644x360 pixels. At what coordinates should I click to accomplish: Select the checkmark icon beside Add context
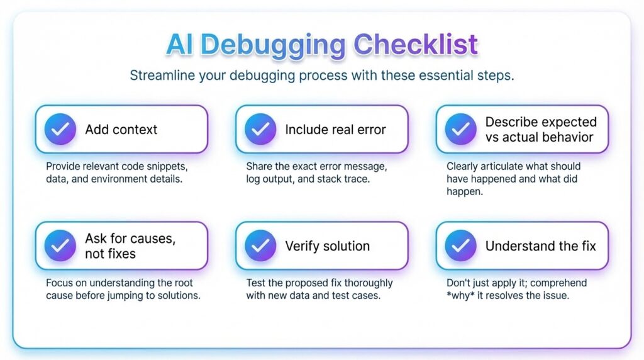[60, 130]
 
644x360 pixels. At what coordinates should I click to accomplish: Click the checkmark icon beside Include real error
[260, 130]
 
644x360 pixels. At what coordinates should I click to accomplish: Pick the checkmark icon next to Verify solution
[260, 245]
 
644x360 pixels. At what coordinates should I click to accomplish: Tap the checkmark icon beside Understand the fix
[460, 245]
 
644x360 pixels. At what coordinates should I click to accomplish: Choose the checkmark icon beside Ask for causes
[60, 245]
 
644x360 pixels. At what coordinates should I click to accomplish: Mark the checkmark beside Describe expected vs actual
[460, 130]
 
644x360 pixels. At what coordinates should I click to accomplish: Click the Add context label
[121, 130]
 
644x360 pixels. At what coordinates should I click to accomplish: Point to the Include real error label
[335, 130]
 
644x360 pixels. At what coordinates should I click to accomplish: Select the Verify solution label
[327, 245]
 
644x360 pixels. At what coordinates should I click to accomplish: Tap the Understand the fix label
[540, 245]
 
